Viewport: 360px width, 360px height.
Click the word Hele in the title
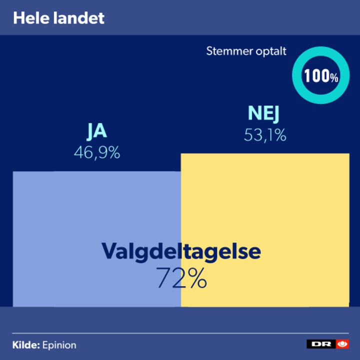pos(27,18)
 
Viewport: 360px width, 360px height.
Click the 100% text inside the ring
pos(321,76)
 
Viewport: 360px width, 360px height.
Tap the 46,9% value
pos(97,152)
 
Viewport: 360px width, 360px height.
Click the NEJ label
pos(263,114)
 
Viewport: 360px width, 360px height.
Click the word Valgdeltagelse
pos(181,251)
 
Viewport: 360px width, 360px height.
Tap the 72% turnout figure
pos(181,278)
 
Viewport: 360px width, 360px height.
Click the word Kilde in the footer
pos(25,345)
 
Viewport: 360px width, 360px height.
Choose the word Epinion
pos(59,345)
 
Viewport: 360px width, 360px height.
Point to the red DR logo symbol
pos(342,344)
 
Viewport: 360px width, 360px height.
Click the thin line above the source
pos(180,333)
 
